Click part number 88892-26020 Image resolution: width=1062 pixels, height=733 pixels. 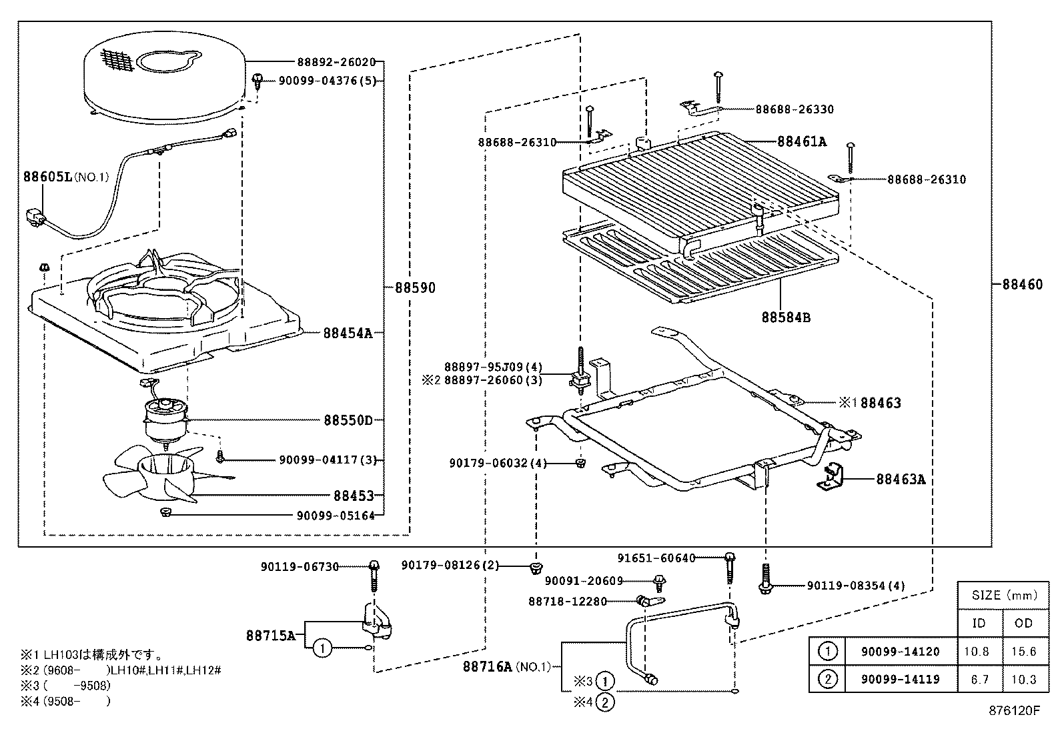coord(336,62)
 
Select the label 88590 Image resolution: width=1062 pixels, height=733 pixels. coord(414,288)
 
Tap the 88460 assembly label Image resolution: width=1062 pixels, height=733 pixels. coord(1021,284)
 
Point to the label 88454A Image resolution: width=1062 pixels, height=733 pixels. coord(348,333)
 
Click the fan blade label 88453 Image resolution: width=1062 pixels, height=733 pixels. coord(350,496)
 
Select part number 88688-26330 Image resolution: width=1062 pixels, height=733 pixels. coord(794,109)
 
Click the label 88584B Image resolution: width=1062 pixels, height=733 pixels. coord(786,317)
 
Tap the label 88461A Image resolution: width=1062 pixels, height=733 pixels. coord(801,141)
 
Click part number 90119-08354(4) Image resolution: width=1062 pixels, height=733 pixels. coord(856,586)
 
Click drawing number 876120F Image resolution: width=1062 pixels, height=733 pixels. coord(1014,710)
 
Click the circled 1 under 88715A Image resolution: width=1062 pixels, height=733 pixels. coord(322,647)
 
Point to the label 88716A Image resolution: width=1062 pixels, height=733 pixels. coord(488,666)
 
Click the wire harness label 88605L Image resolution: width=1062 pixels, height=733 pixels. coord(47,177)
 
